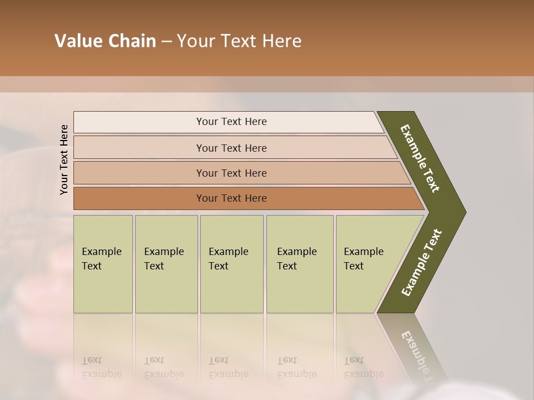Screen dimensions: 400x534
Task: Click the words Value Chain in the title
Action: coord(105,41)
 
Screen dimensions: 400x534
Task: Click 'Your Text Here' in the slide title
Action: coord(239,41)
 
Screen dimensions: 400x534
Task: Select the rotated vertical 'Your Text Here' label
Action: coord(65,159)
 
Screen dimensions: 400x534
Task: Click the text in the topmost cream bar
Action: coord(231,122)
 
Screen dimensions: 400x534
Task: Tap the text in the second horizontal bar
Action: coord(231,148)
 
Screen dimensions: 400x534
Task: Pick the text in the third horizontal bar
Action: coord(231,173)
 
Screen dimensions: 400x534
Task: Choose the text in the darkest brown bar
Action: coord(231,198)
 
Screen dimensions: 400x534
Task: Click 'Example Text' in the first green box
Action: coord(101,259)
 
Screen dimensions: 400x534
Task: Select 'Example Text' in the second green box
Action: coord(164,259)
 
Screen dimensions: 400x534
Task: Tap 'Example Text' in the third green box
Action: coord(228,259)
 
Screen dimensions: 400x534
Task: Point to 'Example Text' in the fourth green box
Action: coord(296,259)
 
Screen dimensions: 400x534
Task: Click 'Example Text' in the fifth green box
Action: coord(363,259)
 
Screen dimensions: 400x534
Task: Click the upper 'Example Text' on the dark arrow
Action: coord(420,158)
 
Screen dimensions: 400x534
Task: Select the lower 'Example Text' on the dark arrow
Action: coord(422,263)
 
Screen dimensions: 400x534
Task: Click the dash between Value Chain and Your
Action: coord(166,42)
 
